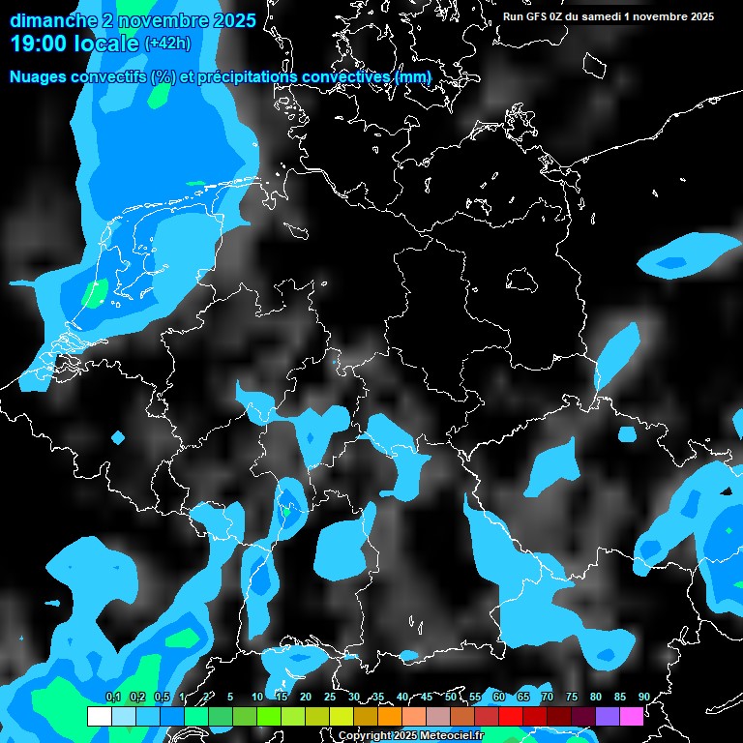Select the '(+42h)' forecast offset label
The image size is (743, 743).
[x=167, y=44]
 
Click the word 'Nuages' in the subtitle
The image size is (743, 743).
[x=38, y=76]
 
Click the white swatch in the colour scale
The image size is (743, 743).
[x=99, y=716]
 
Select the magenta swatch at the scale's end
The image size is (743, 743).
[x=631, y=716]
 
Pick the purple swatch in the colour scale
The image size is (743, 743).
[x=607, y=716]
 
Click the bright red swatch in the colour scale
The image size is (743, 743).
[x=510, y=716]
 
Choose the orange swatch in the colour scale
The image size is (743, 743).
[x=389, y=716]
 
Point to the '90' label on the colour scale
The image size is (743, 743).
[x=643, y=697]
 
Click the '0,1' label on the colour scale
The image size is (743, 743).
[x=112, y=697]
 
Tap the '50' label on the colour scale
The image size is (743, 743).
[x=451, y=697]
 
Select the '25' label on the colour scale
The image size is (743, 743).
[x=330, y=697]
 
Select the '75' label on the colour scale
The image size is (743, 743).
[x=572, y=697]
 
